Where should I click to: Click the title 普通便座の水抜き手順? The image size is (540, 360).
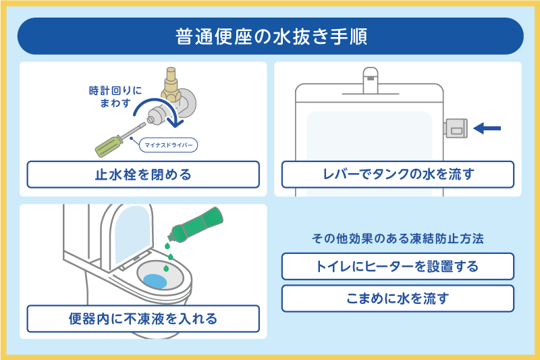tap(270, 36)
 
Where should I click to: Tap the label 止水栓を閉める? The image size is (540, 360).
tap(143, 174)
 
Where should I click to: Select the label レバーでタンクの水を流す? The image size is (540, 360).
tap(398, 174)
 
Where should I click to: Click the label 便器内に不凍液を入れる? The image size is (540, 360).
tap(143, 318)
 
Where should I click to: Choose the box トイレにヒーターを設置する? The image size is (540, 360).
tap(398, 266)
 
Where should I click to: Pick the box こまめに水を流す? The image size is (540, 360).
tap(398, 298)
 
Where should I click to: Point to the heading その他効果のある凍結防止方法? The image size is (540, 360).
tap(398, 239)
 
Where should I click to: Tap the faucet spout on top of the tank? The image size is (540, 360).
tap(369, 78)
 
